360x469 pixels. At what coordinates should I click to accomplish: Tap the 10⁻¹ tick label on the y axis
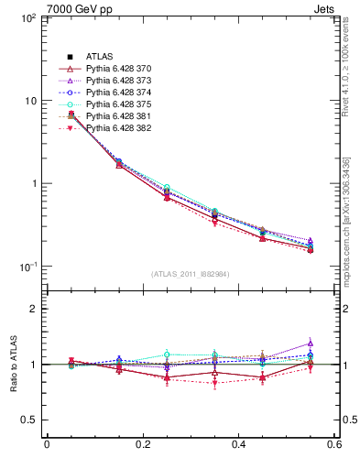pos(27,267)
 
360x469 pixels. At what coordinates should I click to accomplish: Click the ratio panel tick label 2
pos(34,309)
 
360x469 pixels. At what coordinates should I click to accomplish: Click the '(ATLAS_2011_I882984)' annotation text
pos(191,274)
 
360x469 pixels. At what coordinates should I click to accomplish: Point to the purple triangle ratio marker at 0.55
pos(311,344)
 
